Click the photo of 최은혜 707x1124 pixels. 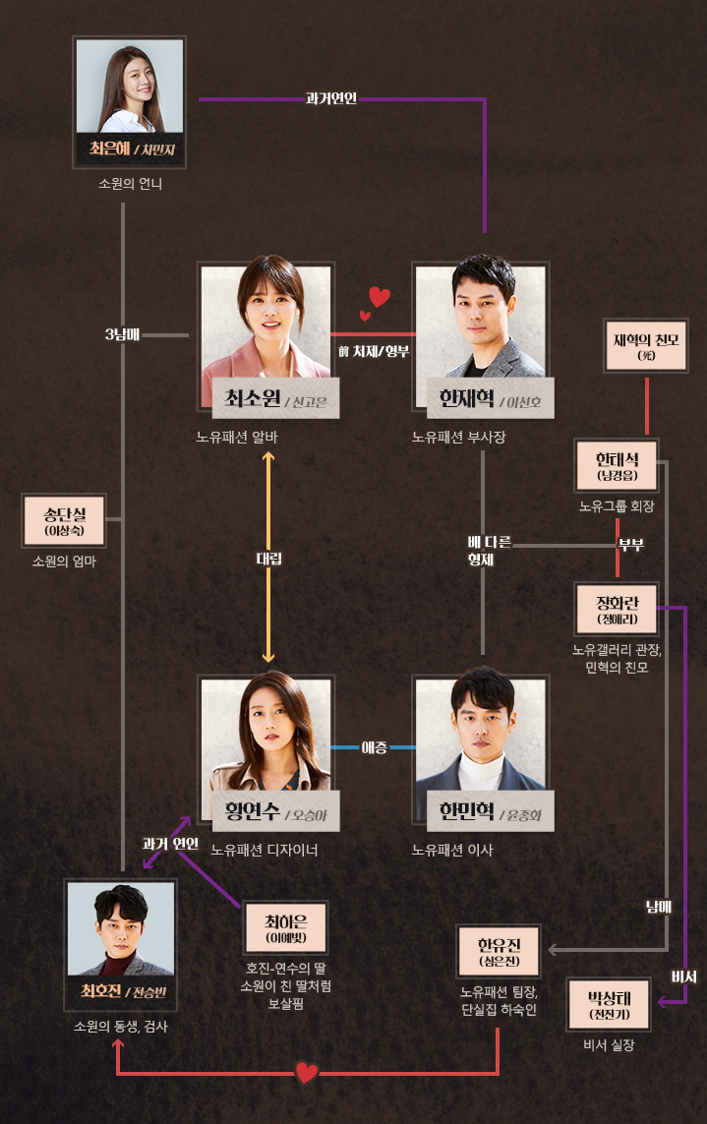point(130,87)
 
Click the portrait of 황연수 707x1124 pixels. point(266,732)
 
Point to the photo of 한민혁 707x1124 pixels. point(480,732)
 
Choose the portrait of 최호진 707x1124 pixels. point(121,928)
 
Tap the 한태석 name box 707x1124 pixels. point(617,467)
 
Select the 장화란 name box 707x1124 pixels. point(617,610)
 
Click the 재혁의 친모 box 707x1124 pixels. point(646,346)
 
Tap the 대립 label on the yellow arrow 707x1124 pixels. point(268,559)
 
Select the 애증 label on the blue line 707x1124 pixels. point(374,747)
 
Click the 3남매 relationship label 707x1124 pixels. point(123,335)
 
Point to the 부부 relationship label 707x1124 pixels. point(629,544)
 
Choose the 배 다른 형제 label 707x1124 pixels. point(481,552)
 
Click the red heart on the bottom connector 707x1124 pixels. point(307,1072)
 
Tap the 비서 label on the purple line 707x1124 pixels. point(683,976)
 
